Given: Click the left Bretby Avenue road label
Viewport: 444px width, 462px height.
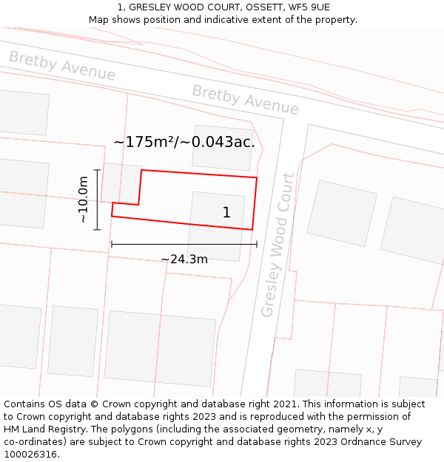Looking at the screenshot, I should (x=62, y=66).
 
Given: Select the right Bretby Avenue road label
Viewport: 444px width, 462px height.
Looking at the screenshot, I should (x=246, y=100).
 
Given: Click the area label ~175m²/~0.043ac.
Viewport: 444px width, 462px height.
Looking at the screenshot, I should (x=184, y=142).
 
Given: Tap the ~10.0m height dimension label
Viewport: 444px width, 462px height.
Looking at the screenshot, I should (x=84, y=200).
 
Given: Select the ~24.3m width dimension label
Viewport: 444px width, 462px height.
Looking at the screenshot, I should (x=184, y=259).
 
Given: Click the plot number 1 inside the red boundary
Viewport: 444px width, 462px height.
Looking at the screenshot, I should (x=226, y=213).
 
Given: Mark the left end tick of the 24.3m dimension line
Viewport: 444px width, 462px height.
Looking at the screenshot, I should (x=111, y=244).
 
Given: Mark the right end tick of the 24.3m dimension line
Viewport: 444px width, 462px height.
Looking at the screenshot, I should (x=257, y=244).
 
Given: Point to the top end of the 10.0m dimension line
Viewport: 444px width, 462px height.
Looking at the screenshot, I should (x=97, y=170).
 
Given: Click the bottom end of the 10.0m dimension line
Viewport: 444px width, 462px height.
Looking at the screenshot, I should (x=97, y=230).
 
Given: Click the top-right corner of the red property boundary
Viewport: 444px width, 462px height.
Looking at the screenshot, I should (x=257, y=177).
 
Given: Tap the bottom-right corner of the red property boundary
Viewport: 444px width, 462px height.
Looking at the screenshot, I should (x=252, y=229).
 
